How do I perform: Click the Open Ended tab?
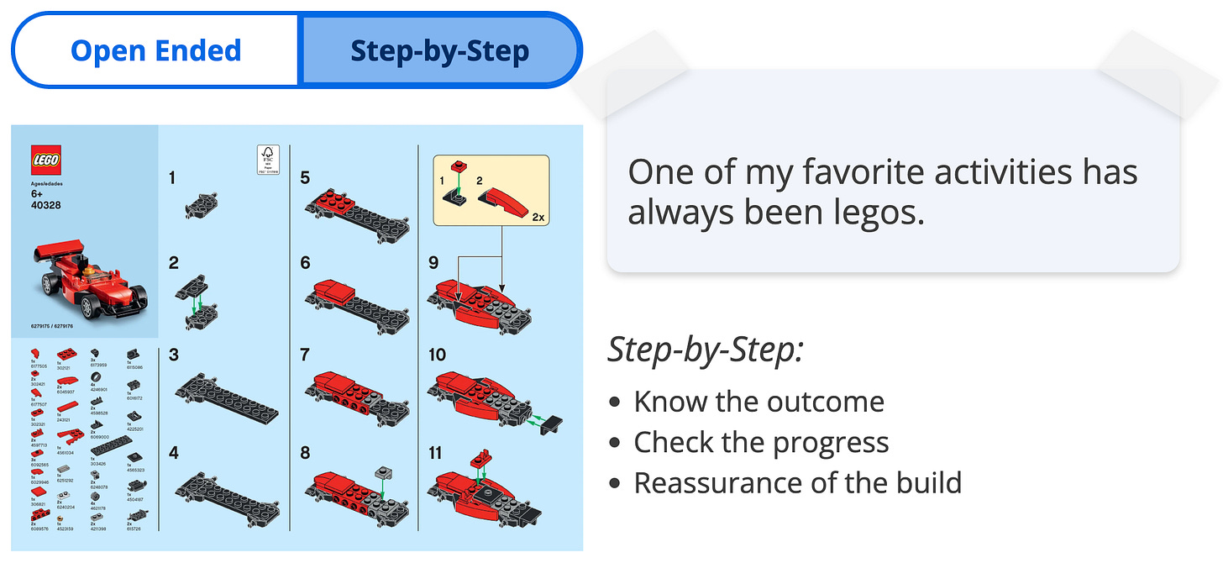coord(155,50)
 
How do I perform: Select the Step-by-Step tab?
coord(440,50)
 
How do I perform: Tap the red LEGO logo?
coord(46,160)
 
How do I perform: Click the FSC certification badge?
coord(268,158)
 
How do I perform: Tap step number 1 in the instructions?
coord(172,177)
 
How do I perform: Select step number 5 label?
coord(305,177)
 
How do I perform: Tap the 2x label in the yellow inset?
coord(538,217)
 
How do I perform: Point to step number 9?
coord(433,263)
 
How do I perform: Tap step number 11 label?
coord(435,453)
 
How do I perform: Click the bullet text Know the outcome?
coord(758,402)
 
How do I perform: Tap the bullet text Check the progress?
coord(761,442)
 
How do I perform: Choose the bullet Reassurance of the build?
coord(797,483)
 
